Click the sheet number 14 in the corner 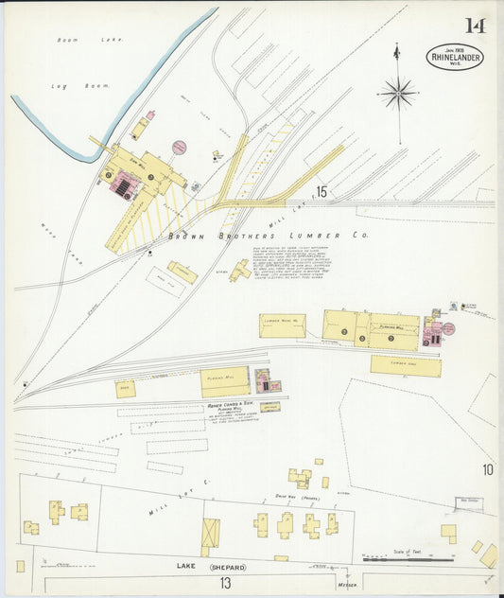coord(474,26)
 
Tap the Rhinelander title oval coord(453,57)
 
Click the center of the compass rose coord(398,93)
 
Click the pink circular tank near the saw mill coord(179,148)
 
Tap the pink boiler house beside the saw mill coord(123,185)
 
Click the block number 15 coord(322,192)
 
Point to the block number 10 coord(487,469)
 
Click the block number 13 coord(225,583)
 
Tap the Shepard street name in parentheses coord(228,568)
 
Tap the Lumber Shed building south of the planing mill coord(405,365)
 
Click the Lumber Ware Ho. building coord(282,325)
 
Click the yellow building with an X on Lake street coord(210,533)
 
